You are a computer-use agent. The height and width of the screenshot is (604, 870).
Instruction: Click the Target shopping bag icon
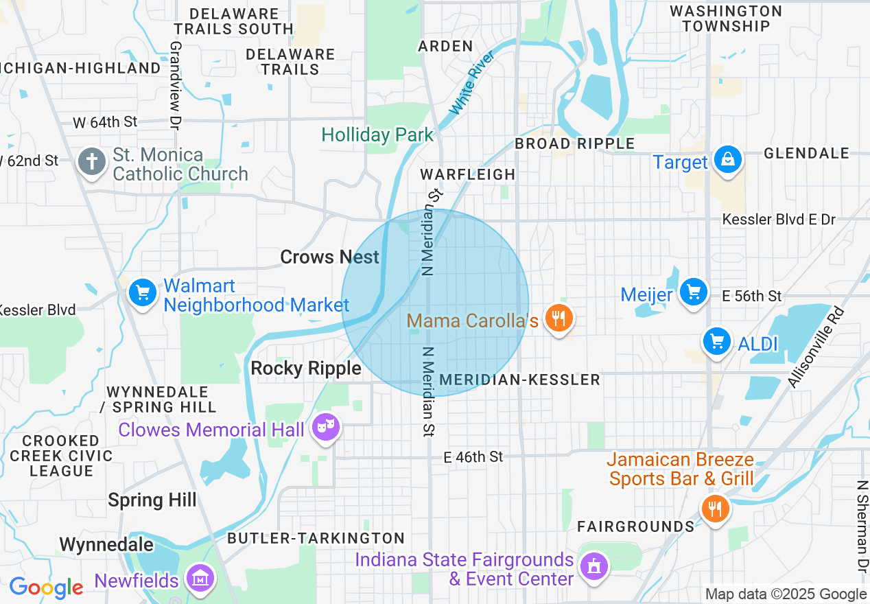coord(727,161)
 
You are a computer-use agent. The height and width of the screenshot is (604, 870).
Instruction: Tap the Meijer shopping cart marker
coord(694,292)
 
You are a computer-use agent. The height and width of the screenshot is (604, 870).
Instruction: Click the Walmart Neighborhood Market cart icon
coord(143,293)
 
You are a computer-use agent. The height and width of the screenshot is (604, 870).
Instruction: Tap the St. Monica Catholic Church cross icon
coord(91,163)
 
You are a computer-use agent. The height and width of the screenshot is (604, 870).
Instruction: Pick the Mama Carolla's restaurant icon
coord(559,318)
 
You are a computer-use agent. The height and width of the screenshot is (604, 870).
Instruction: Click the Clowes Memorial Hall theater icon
coord(325,428)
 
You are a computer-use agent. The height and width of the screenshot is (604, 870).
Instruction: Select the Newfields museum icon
coord(200,579)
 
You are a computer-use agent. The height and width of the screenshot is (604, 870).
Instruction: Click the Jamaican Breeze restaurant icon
coord(715,509)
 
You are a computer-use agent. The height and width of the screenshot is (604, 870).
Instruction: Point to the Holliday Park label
coord(377,135)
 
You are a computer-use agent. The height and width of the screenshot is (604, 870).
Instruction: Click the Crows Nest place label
coord(329,257)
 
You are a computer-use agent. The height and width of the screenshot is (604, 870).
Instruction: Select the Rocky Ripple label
coord(306,369)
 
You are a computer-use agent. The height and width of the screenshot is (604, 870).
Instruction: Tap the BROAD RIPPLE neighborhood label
coord(574,143)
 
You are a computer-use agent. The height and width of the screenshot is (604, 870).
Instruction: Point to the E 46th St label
coord(473,456)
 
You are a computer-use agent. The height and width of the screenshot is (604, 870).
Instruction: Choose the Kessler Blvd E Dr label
coord(779,220)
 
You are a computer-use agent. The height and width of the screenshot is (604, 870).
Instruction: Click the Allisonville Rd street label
coord(816,347)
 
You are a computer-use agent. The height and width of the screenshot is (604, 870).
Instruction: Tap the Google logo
coord(46,588)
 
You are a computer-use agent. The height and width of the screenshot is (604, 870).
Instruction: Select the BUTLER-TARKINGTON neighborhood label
coord(316,538)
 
